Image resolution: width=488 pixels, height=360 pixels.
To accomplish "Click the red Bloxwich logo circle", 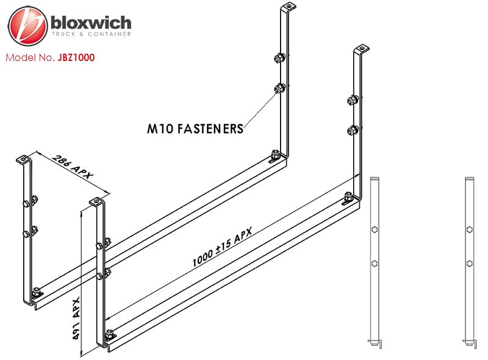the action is (x=27, y=26).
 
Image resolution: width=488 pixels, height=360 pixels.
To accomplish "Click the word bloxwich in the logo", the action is (x=91, y=23).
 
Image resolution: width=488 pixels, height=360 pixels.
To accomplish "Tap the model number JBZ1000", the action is (x=76, y=57).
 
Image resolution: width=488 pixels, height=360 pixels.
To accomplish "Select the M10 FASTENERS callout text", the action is (x=195, y=129).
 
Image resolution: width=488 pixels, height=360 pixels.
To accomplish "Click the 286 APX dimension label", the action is (x=73, y=167).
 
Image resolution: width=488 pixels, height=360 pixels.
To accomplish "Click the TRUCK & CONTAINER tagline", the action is (x=91, y=34).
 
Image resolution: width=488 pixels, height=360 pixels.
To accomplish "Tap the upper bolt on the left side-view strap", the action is (x=375, y=230).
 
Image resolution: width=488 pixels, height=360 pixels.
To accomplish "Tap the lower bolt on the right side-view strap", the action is (x=469, y=264).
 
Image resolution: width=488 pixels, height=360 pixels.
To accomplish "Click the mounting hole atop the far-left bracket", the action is (x=23, y=160).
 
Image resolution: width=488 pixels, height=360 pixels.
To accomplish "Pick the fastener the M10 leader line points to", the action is (x=279, y=88).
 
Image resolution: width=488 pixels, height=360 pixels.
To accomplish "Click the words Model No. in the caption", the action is (x=30, y=57).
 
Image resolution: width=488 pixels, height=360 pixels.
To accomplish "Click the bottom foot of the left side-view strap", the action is (x=376, y=344).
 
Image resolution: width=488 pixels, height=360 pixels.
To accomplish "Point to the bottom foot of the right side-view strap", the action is (x=470, y=344).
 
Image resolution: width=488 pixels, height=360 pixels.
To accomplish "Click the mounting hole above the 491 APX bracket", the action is (x=96, y=202).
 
